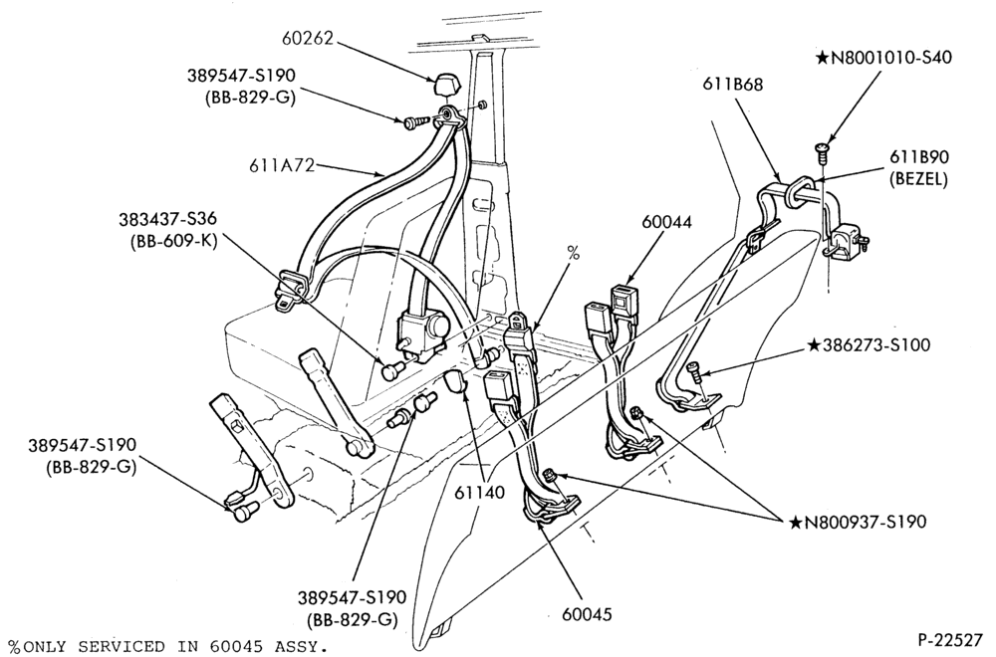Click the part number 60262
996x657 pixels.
coord(308,38)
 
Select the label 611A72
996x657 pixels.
coord(282,166)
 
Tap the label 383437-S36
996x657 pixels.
coord(167,219)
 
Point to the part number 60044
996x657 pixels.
coord(666,222)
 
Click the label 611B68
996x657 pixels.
coord(732,84)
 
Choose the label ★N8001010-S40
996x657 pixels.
coord(883,58)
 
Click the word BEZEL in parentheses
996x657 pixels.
coord(919,179)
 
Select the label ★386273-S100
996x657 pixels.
coord(869,345)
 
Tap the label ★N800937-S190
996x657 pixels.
coord(858,522)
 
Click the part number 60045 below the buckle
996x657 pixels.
coord(587,614)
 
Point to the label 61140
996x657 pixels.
coord(480,492)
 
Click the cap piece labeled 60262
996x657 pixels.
coord(442,85)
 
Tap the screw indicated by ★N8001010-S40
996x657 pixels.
coord(822,150)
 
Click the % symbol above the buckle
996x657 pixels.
coord(573,253)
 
